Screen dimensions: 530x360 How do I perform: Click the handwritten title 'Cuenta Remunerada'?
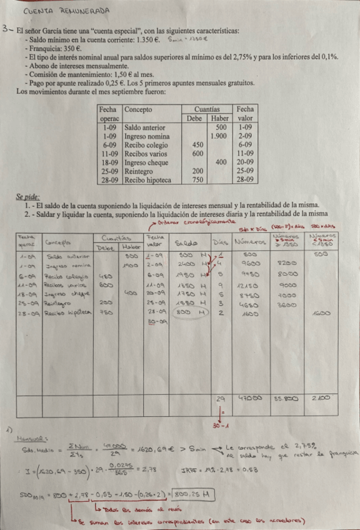point(66,11)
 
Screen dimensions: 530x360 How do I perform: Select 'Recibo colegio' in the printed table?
point(146,144)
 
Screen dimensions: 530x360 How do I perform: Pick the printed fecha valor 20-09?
point(245,161)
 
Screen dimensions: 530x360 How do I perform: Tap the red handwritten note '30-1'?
point(221,426)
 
